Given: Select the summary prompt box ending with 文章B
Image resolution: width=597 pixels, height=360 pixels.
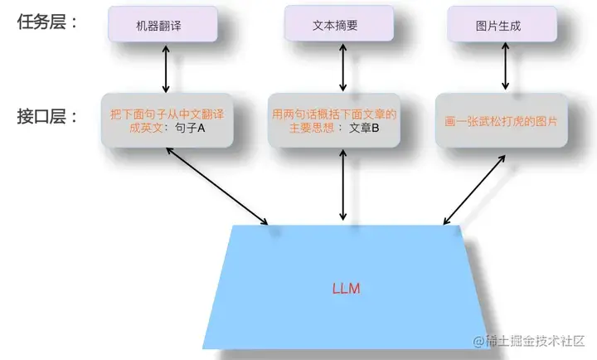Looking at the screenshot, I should coord(335,119).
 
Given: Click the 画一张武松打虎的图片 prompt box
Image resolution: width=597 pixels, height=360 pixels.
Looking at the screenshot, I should coord(499,120).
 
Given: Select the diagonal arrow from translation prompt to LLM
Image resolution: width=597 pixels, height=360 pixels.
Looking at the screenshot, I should coord(217,187).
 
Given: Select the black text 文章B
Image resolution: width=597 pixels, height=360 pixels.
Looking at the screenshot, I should coord(363,128).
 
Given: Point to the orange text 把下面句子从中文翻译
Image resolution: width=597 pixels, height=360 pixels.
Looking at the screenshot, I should coord(164,113).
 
